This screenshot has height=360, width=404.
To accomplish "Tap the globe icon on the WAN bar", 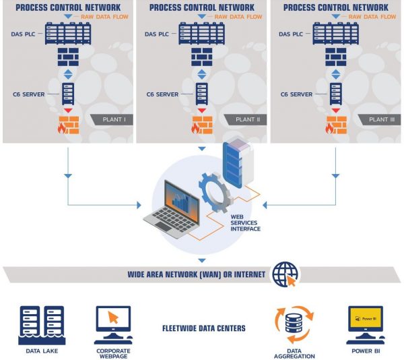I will [285, 274].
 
